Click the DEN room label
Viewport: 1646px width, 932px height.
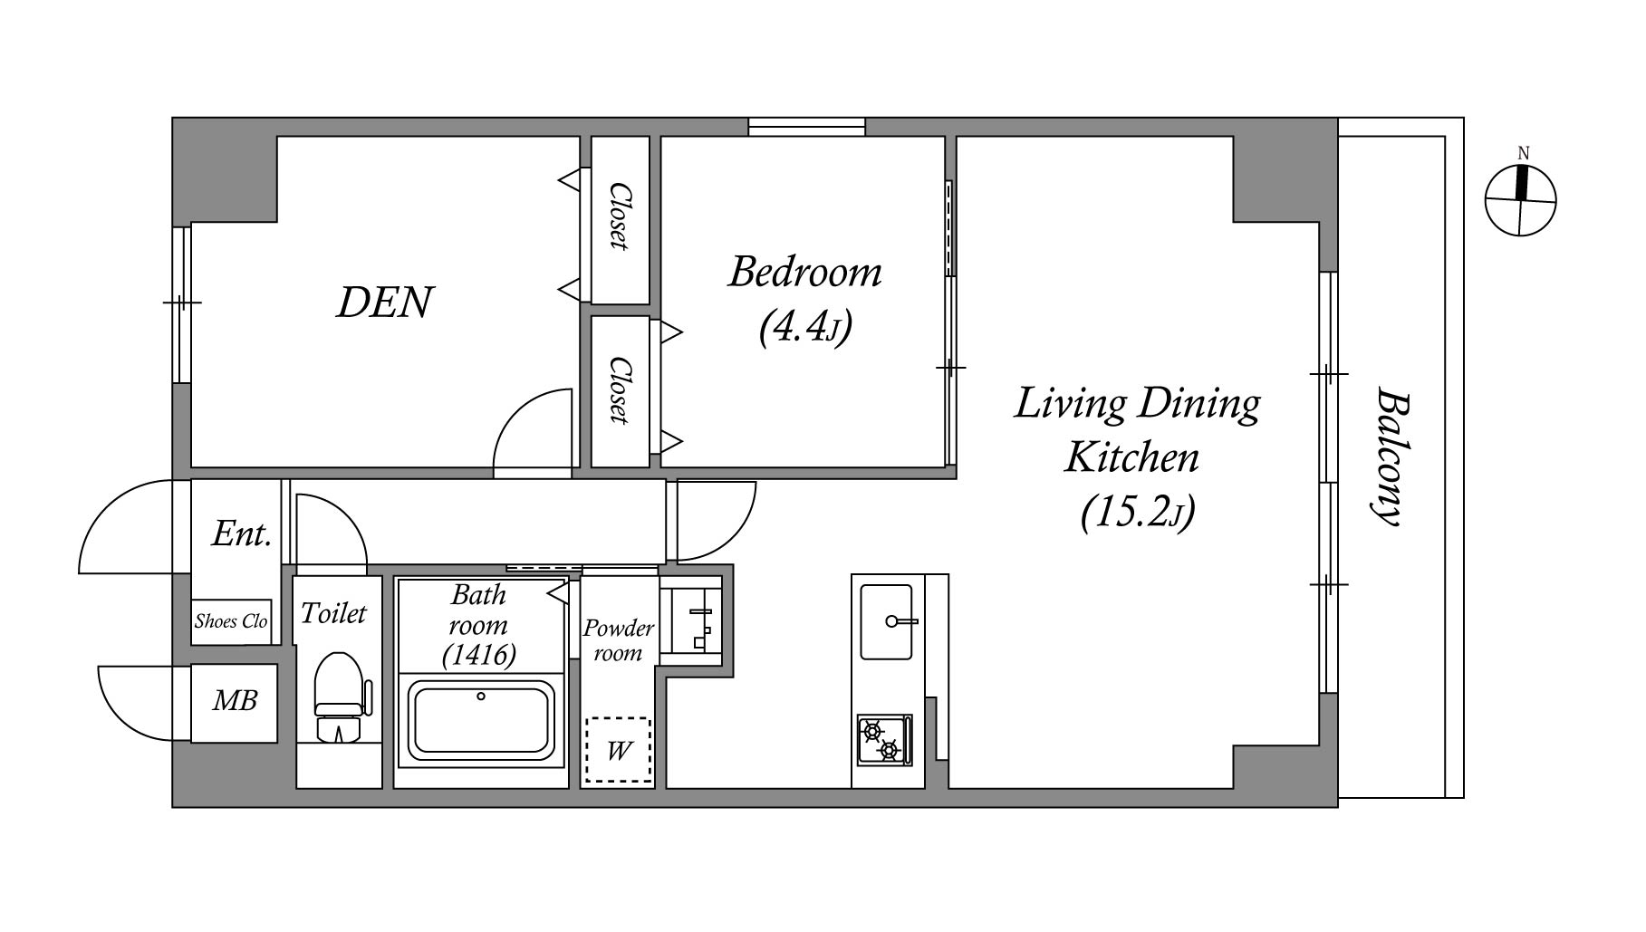pos(385,303)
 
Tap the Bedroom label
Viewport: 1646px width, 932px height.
pos(805,272)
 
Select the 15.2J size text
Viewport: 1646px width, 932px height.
pos(1138,512)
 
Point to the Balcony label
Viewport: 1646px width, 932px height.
pos(1389,456)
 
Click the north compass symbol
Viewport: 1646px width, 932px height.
pos(1521,200)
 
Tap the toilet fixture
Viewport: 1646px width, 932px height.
pos(341,697)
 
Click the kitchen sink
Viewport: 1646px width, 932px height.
pos(886,621)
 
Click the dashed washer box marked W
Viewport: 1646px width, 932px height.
pos(618,750)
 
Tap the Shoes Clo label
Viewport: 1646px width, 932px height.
pos(231,621)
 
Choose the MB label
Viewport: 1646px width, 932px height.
pos(235,700)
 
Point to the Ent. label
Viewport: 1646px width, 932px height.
pos(242,533)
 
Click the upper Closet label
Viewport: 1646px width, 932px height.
pos(620,216)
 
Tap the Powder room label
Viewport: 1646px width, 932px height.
pos(618,640)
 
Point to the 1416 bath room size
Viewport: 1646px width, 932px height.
pos(479,655)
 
